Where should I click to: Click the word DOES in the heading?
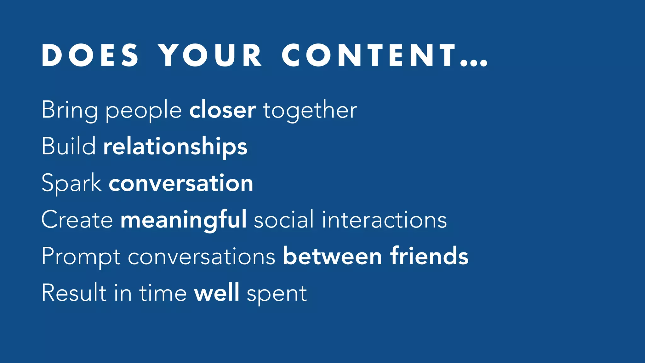[x=90, y=55]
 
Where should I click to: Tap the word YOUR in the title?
[x=210, y=55]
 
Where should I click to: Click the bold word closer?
[x=223, y=110]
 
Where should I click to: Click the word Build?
[x=69, y=146]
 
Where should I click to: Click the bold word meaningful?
[x=184, y=220]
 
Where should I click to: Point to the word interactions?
[x=384, y=220]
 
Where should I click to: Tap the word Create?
[x=77, y=220]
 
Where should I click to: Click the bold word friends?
[x=429, y=256]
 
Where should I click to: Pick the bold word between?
[x=333, y=256]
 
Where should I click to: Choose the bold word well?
[x=217, y=292]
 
